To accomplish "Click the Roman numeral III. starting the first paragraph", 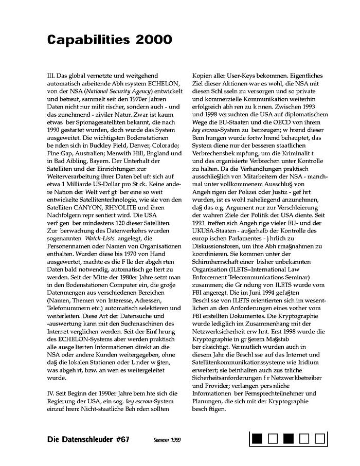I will [x=51, y=76].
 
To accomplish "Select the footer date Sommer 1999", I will [x=167, y=440].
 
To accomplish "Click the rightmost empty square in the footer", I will [x=320, y=439].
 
